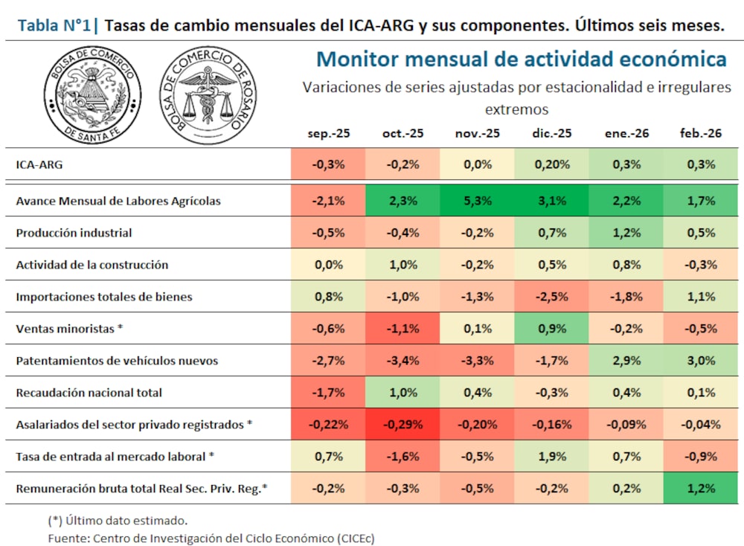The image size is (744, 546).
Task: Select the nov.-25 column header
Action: (x=477, y=133)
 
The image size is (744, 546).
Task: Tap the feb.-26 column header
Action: (x=701, y=133)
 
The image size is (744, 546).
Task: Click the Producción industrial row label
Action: (x=74, y=233)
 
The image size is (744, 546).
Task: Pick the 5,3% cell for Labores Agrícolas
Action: (x=477, y=200)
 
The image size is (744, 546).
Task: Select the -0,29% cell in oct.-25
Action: (x=403, y=425)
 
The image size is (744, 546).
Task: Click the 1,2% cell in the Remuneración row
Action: (x=701, y=488)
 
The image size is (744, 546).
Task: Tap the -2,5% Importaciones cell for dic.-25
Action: (x=551, y=297)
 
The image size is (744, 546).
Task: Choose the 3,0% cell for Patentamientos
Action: (x=701, y=361)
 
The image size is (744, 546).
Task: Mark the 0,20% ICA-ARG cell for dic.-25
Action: (x=551, y=164)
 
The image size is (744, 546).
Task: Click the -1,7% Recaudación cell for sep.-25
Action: (x=328, y=393)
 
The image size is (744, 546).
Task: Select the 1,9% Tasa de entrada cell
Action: (x=551, y=456)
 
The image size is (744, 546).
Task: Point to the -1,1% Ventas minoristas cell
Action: (x=403, y=328)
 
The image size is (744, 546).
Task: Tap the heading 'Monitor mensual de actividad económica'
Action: (x=521, y=59)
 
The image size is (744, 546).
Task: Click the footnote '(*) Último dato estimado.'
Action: (x=118, y=520)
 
